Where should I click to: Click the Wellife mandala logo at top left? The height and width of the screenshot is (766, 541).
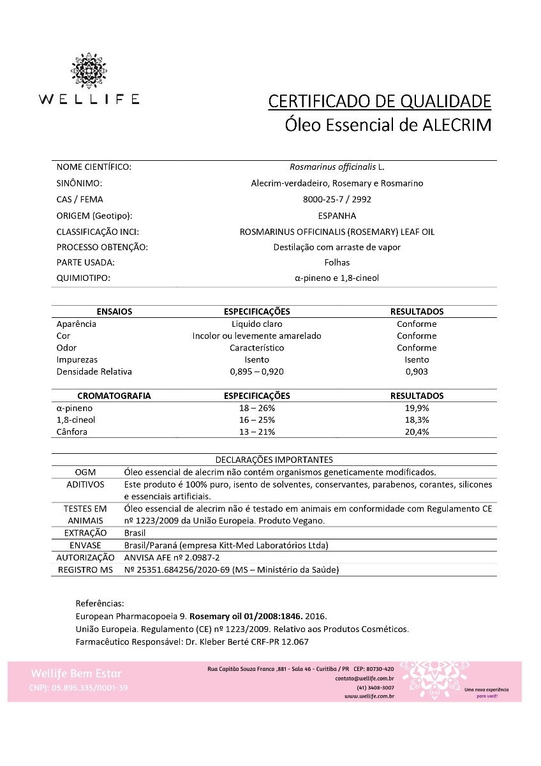88,70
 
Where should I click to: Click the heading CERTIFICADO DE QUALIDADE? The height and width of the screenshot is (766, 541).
380,101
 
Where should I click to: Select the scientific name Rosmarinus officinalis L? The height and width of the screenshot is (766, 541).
337,167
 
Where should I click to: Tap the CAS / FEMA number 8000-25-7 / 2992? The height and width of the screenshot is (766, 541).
337,199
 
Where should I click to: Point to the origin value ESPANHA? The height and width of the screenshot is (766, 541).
337,216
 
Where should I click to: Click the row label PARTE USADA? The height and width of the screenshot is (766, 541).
85,262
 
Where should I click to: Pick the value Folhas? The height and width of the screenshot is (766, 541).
337,262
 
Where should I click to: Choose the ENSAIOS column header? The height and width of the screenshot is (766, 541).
114,312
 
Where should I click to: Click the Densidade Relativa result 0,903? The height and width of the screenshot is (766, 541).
417,372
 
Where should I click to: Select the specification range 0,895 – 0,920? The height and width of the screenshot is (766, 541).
256,372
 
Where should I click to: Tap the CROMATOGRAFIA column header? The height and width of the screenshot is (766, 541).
114,396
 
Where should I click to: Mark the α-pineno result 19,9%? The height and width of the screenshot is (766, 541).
417,408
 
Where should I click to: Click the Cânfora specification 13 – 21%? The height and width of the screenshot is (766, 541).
256,432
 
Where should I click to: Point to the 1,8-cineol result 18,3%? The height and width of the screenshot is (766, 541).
417,420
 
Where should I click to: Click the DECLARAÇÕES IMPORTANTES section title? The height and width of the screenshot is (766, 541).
274,460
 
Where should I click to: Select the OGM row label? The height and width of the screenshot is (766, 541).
85,472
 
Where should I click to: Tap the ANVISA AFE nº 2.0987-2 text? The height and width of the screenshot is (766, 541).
167,557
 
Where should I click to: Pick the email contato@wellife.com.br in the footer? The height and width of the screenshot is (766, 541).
364,679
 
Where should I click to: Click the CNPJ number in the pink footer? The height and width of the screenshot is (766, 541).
78,687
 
